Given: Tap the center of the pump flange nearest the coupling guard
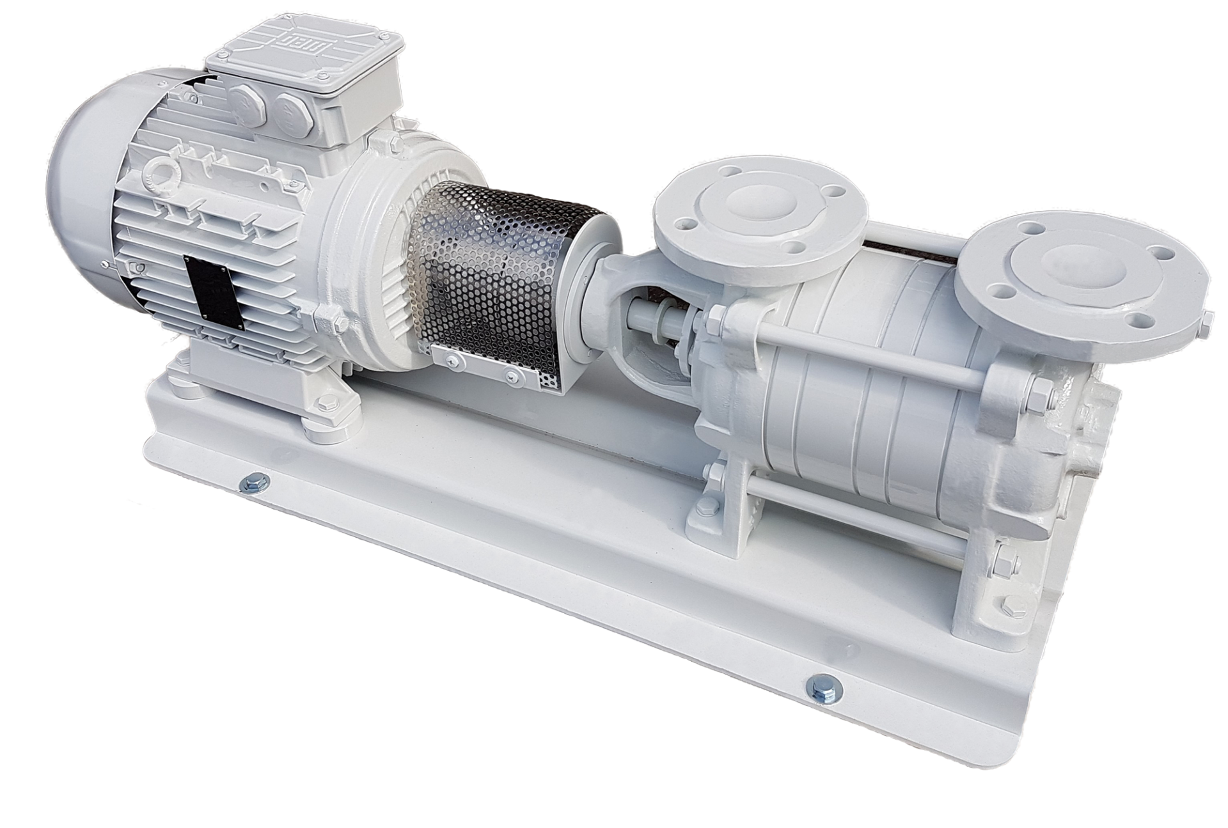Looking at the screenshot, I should tap(759, 204).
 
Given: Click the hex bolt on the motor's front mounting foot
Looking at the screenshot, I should tap(322, 403).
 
